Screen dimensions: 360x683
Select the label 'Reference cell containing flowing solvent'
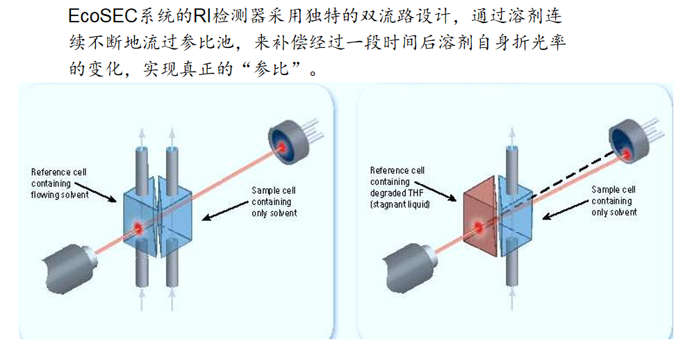pos(60,183)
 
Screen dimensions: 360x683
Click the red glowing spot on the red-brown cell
pos(479,226)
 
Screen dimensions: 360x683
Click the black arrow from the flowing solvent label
pos(97,192)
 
